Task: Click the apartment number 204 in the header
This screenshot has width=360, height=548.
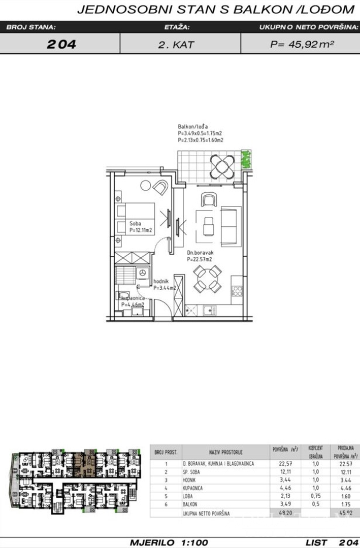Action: [x=61, y=44]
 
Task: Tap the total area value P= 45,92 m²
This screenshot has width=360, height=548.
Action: [x=302, y=44]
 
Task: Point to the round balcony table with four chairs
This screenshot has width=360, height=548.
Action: [x=221, y=165]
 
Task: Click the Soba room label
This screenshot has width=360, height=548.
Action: [x=135, y=223]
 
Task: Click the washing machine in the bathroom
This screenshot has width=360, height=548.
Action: [x=143, y=273]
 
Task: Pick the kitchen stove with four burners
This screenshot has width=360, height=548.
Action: [x=237, y=291]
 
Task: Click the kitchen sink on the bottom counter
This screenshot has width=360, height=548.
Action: [x=208, y=309]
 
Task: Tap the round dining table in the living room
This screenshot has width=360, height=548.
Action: [x=208, y=280]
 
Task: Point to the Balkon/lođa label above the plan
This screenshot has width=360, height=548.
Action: [x=193, y=126]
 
